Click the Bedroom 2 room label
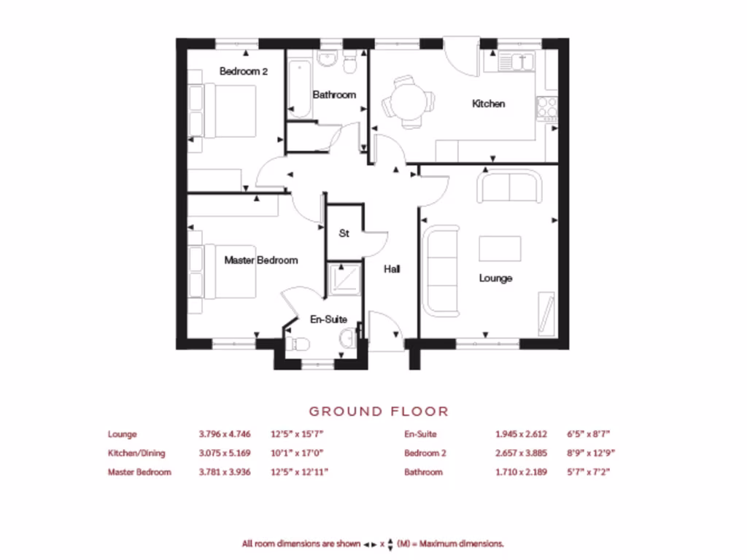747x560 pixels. coord(244,71)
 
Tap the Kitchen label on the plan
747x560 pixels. coord(488,104)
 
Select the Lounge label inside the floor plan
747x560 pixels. coord(495,278)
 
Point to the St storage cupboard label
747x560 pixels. coord(344,233)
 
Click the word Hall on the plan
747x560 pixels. coord(392,269)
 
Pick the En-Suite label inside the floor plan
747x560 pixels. coord(328,319)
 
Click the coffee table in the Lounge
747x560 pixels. coord(500,249)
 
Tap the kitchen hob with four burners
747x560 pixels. coord(547,108)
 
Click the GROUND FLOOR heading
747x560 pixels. coord(379,412)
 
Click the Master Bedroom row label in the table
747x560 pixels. coord(139,472)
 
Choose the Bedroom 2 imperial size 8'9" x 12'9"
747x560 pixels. coord(589,453)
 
